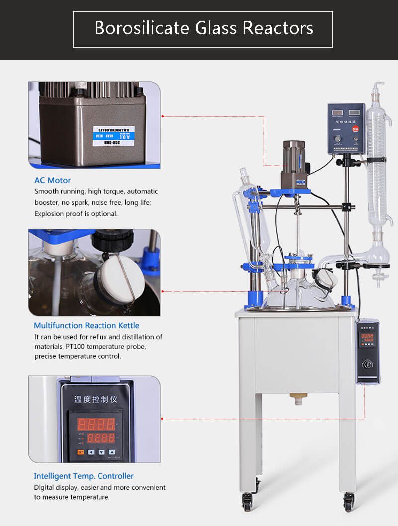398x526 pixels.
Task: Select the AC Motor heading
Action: [52, 180]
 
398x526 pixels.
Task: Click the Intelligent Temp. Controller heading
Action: [84, 476]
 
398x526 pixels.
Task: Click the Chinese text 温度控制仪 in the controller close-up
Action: [95, 399]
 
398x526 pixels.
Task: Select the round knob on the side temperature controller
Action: [367, 365]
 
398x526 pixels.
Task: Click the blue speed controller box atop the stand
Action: [346, 129]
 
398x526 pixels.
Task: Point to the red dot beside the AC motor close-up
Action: [163, 116]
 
